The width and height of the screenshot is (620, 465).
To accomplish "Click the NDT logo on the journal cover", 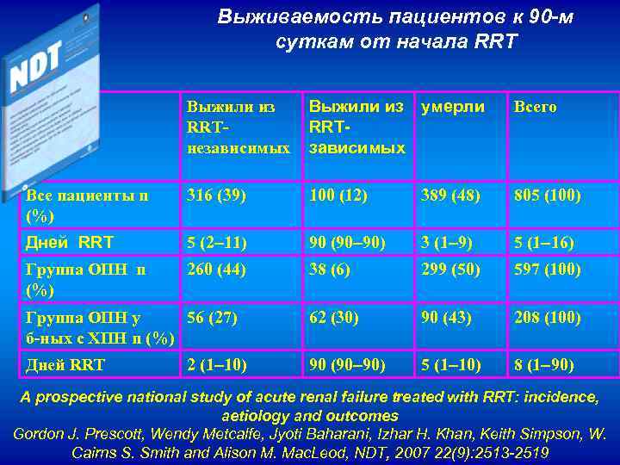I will (36, 69).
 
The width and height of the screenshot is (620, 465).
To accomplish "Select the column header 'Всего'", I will (535, 107).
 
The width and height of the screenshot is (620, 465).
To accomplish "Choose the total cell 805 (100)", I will (548, 195).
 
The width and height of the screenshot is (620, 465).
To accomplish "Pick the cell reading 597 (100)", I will (548, 270).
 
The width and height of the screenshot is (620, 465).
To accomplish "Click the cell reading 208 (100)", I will (548, 318).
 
